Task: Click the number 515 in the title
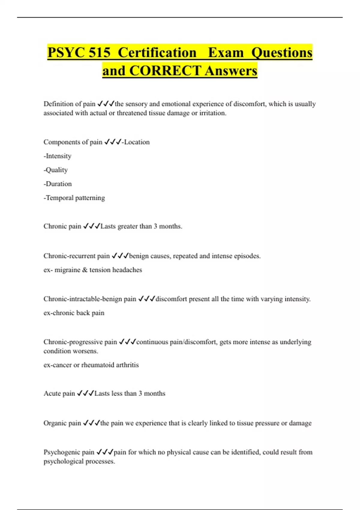[x=100, y=52]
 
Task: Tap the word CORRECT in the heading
[x=165, y=71]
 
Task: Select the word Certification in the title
[x=157, y=52]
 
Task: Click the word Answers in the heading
[x=231, y=71]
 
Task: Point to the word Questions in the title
[x=282, y=52]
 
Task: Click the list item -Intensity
[x=58, y=156]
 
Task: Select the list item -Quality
[x=56, y=170]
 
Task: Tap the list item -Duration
[x=58, y=184]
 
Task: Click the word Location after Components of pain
[x=137, y=142]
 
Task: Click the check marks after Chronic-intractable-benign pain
[x=146, y=299]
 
